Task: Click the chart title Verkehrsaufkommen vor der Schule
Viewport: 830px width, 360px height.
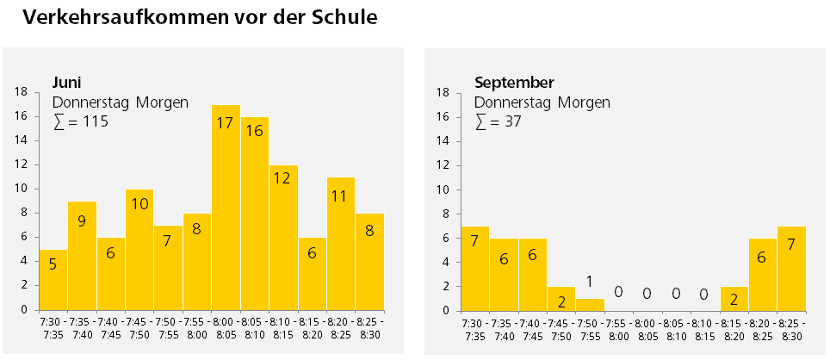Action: click(200, 17)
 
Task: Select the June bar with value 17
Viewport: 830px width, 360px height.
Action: click(226, 207)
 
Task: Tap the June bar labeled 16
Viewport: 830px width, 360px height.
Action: click(255, 213)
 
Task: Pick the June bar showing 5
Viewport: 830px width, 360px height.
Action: click(53, 279)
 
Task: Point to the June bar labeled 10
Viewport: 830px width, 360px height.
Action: click(139, 249)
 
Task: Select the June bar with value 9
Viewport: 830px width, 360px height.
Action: click(82, 255)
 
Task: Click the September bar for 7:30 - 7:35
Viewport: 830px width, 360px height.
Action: click(474, 268)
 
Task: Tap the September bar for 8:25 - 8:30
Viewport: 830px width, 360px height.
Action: click(792, 268)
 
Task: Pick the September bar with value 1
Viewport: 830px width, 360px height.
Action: click(590, 304)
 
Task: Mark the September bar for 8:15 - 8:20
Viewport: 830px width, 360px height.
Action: click(734, 298)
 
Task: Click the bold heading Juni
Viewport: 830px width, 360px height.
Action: click(66, 83)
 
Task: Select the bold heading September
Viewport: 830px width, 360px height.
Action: click(514, 83)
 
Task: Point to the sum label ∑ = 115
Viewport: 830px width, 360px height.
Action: click(81, 121)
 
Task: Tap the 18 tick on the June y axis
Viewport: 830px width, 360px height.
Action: click(22, 92)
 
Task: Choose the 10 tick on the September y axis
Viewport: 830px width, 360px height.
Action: click(444, 189)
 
